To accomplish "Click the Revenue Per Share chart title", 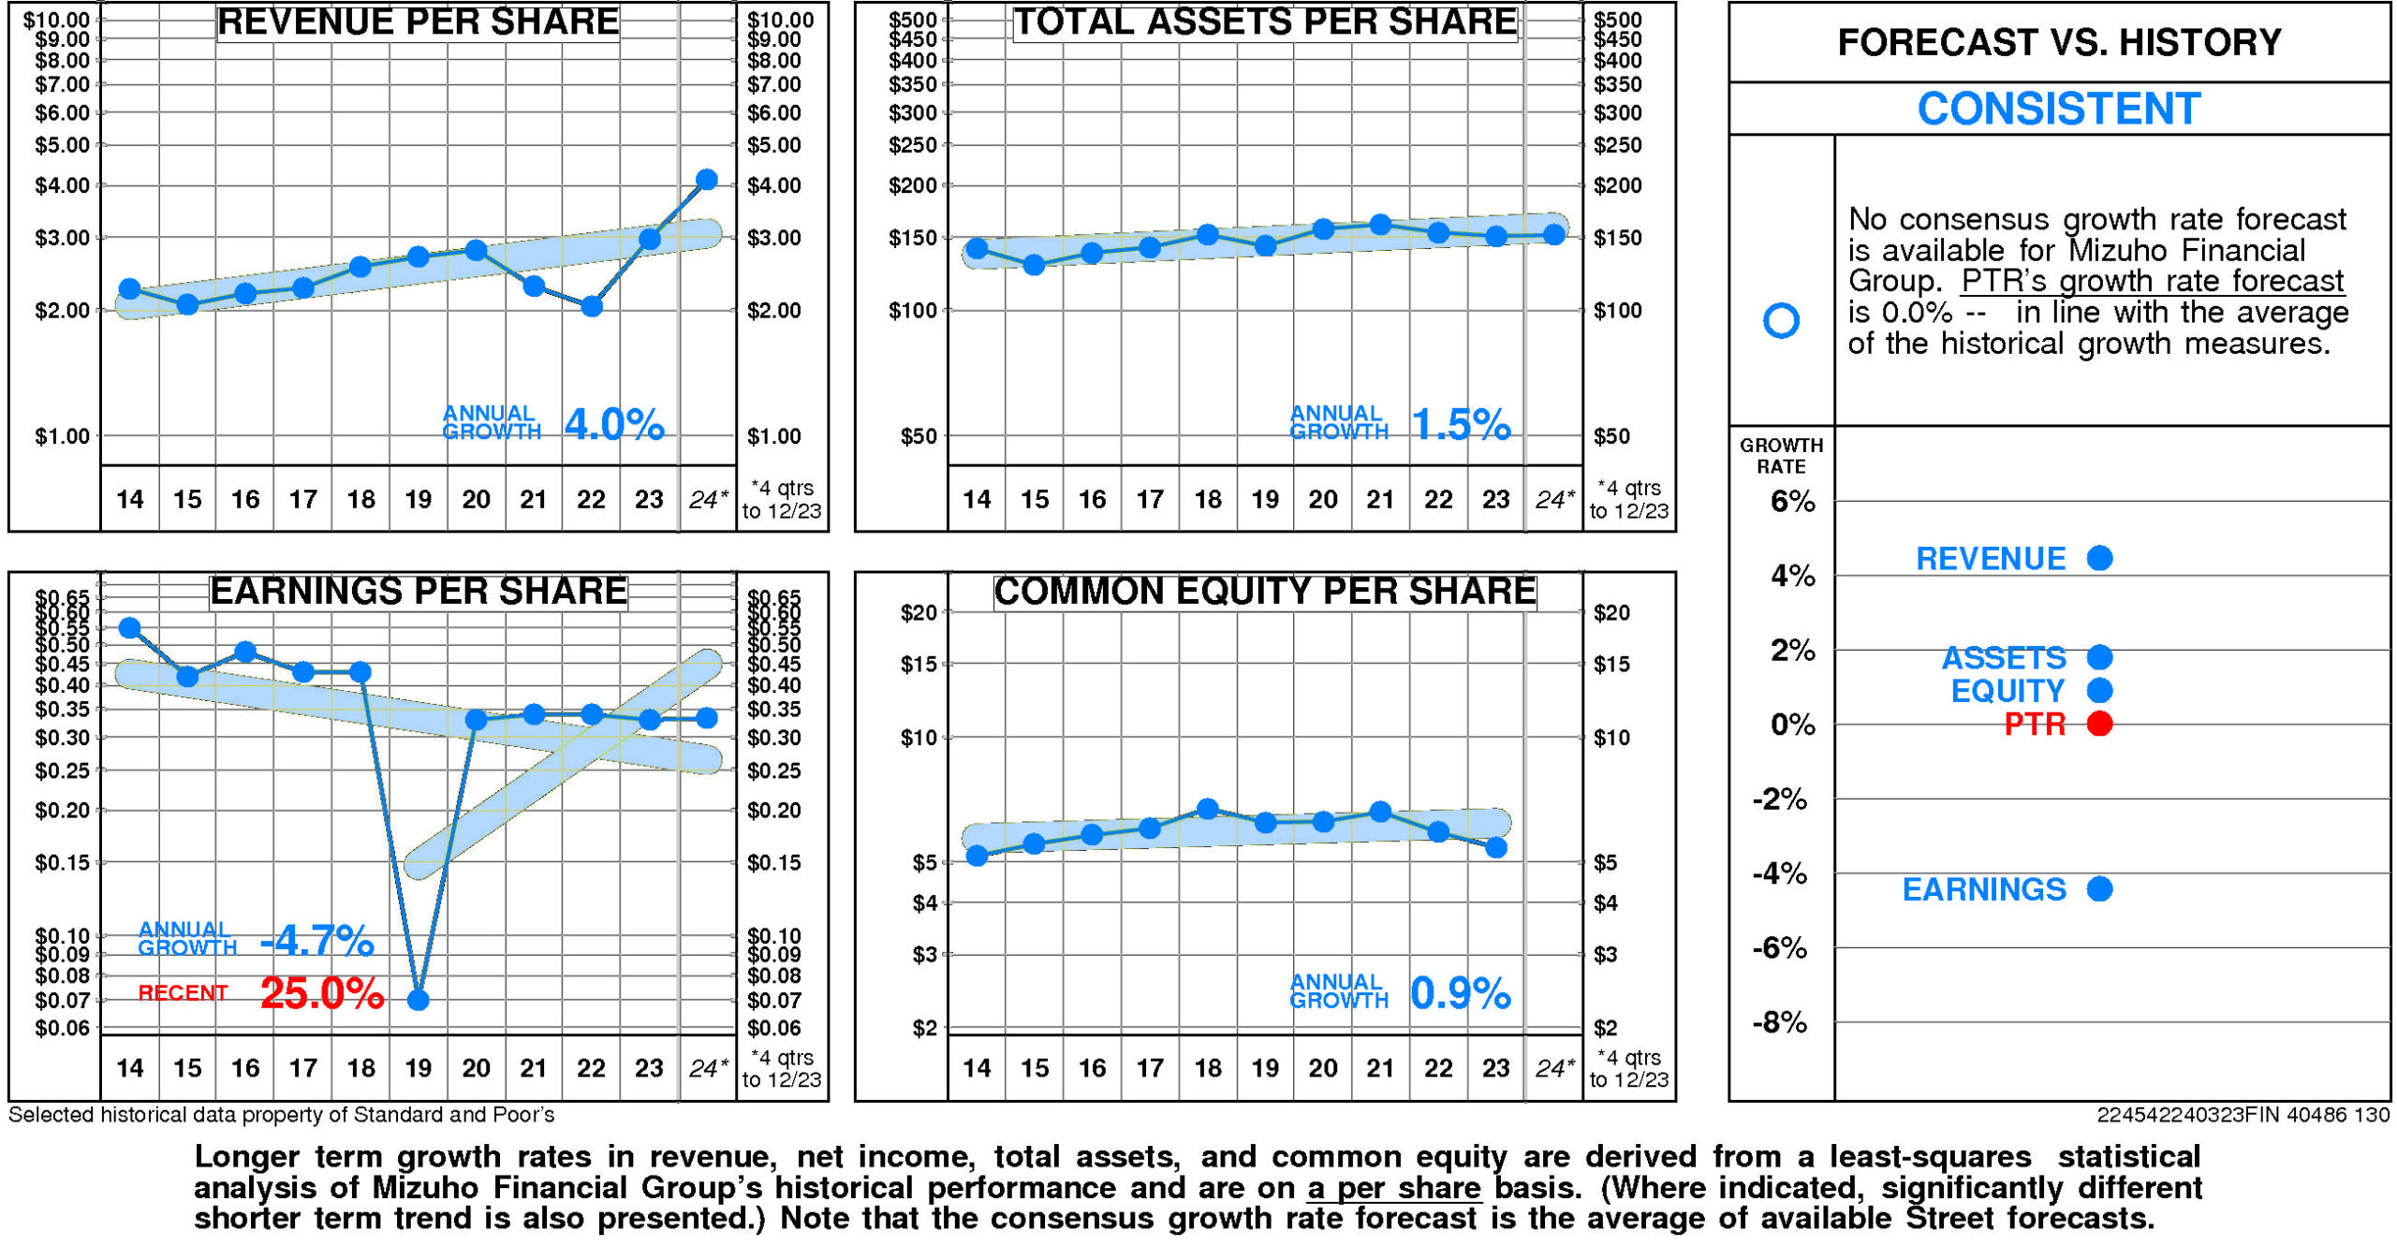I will coord(418,22).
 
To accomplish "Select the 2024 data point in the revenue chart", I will coord(707,180).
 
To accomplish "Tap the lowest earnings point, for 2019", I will coord(419,1000).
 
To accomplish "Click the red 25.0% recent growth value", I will coord(322,993).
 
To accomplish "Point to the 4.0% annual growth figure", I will coord(614,425).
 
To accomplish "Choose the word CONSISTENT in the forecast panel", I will coord(2058,110).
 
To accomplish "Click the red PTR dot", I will coord(2100,724).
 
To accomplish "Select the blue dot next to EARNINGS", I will coord(2100,888).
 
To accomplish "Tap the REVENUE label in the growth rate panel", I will coord(1991,559).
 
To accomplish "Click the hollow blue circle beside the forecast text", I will coord(1781,320).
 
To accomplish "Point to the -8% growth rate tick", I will coord(1780,1022).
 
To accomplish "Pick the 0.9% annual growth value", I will coord(1460,993).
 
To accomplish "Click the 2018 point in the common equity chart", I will coord(1208,809).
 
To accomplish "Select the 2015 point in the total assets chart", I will coord(1034,265).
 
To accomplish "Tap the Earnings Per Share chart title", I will coord(418,592).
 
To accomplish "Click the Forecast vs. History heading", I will coord(2058,43).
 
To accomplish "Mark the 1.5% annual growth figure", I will coord(1460,425).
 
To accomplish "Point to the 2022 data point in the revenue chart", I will coord(591,306).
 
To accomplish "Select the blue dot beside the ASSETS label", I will coord(2100,657).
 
